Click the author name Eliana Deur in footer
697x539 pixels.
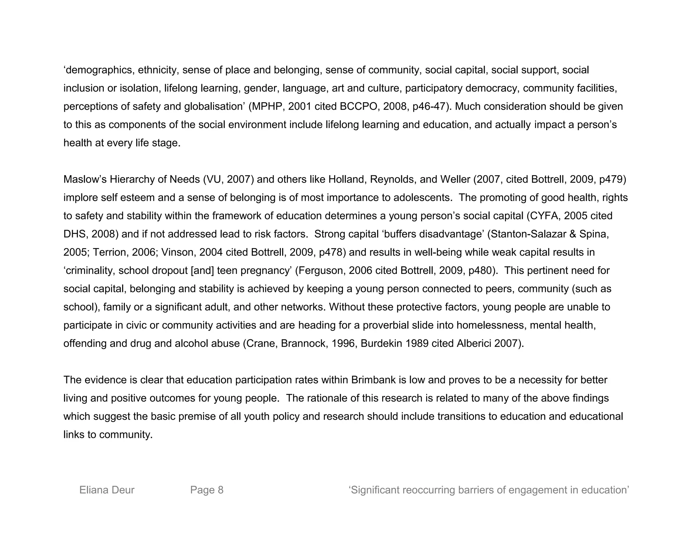(x=107, y=490)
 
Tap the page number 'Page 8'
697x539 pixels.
(x=207, y=490)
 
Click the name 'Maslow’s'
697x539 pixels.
(x=85, y=180)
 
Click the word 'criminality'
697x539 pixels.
(x=90, y=271)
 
